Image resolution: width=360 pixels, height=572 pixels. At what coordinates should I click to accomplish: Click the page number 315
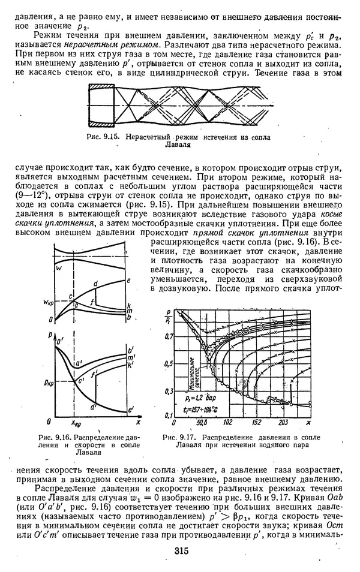[x=180, y=552]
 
